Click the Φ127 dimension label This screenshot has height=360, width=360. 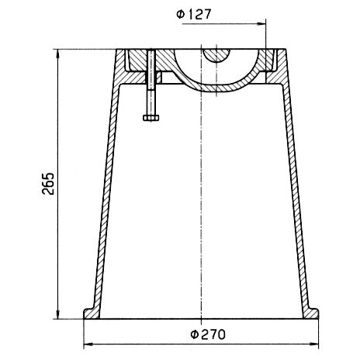pyautogui.click(x=194, y=14)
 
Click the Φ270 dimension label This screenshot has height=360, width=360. pyautogui.click(x=208, y=334)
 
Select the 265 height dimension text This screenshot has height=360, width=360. pyautogui.click(x=48, y=183)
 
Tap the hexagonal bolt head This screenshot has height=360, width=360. pyautogui.click(x=151, y=118)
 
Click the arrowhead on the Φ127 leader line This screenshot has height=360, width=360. pyautogui.click(x=261, y=24)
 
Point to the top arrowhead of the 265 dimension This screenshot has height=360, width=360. pyautogui.click(x=57, y=54)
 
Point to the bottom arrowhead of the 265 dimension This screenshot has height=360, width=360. pyautogui.click(x=57, y=314)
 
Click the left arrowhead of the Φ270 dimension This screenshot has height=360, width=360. pyautogui.click(x=88, y=344)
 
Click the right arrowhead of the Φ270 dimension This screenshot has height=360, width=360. pyautogui.click(x=314, y=344)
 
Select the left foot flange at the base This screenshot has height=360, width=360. pyautogui.click(x=91, y=313)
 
